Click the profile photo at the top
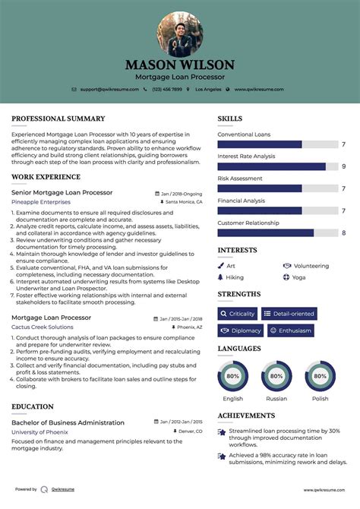click(179, 33)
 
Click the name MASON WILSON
click(180, 65)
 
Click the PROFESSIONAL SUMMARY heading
click(58, 119)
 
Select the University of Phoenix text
click(39, 432)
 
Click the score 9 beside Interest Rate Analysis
click(344, 166)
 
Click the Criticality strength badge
click(237, 314)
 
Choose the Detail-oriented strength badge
click(289, 314)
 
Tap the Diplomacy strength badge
click(241, 330)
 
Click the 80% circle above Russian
click(276, 376)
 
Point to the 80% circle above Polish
click(320, 376)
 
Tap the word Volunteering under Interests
click(311, 266)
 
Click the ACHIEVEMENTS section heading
click(246, 416)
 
